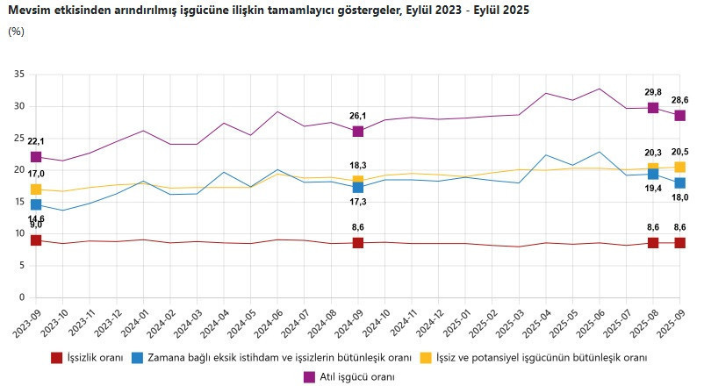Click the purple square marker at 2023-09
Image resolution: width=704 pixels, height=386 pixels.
click(x=36, y=157)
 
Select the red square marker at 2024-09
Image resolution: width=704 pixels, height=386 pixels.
click(x=358, y=242)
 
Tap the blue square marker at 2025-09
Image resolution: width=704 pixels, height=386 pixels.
click(x=679, y=182)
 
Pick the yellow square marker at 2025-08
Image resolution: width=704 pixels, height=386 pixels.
click(x=653, y=168)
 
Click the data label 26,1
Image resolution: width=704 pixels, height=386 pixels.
click(x=358, y=115)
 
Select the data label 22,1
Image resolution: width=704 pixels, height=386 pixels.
click(x=36, y=141)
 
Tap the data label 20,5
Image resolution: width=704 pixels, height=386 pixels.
click(x=679, y=151)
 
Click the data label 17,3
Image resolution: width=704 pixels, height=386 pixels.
click(x=358, y=202)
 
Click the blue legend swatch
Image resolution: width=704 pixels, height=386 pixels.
click(x=138, y=358)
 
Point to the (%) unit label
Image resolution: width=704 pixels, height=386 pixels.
click(x=16, y=32)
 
